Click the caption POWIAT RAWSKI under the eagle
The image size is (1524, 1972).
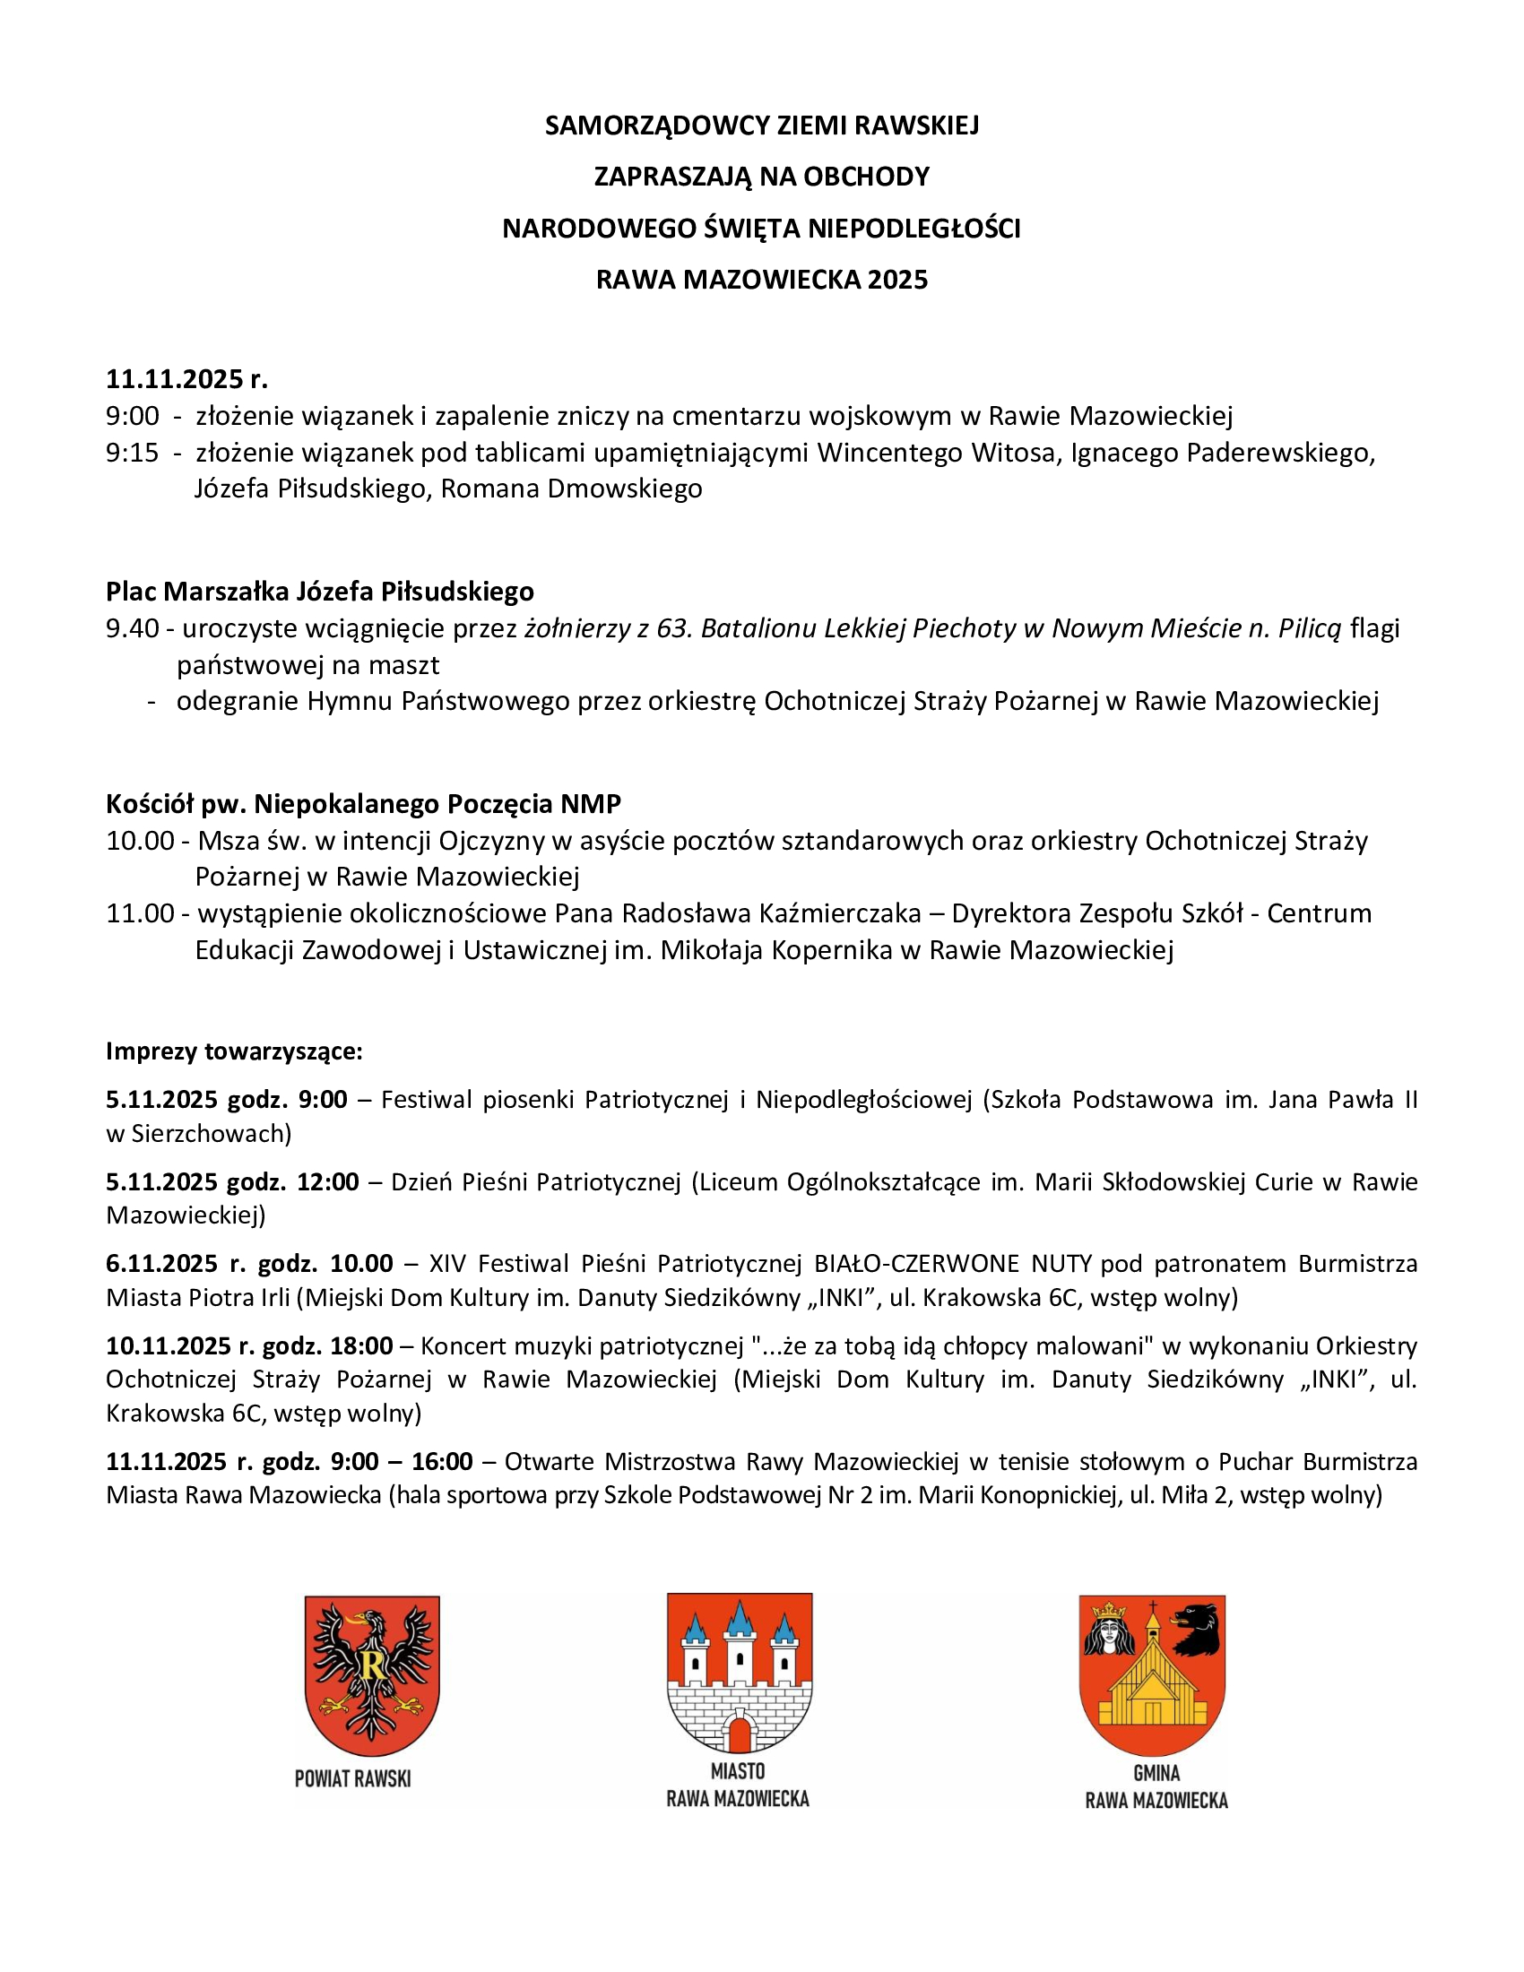point(353,1778)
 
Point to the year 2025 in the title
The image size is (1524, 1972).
point(897,280)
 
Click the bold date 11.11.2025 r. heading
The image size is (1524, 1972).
point(186,378)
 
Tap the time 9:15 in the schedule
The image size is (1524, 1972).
point(132,453)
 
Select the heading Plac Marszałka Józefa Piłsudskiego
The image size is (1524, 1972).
point(320,592)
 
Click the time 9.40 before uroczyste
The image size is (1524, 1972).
point(132,628)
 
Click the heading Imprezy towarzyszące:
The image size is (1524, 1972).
point(234,1051)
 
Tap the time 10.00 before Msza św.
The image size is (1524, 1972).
point(140,841)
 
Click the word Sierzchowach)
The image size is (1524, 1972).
point(212,1133)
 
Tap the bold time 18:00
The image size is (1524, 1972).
point(361,1345)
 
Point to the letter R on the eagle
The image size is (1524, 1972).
point(371,1665)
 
